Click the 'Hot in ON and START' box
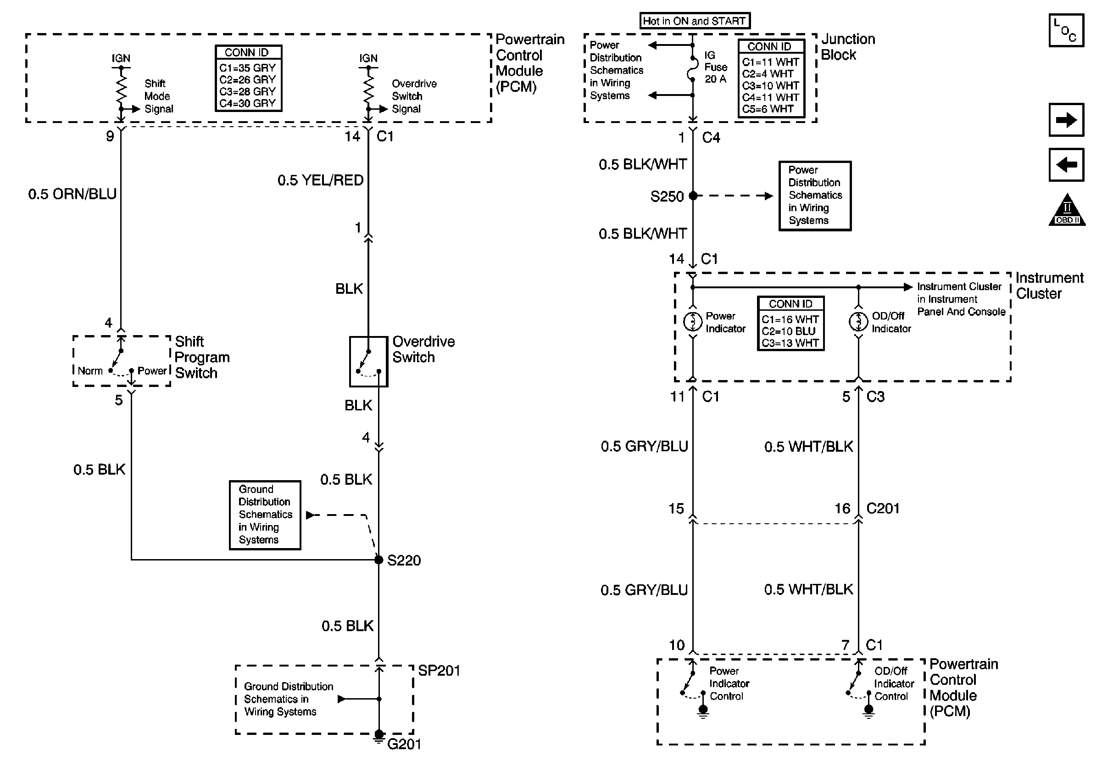(x=695, y=21)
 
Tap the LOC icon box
(x=1066, y=30)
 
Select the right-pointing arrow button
(x=1066, y=119)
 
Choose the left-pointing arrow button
(x=1066, y=165)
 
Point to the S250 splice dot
(x=693, y=196)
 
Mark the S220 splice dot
(x=378, y=560)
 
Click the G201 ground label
(x=404, y=744)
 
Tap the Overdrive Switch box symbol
(x=368, y=362)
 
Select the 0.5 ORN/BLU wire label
(x=72, y=194)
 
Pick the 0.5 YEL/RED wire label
(x=320, y=180)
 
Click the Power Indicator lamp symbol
(x=693, y=322)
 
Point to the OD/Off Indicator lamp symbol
(x=858, y=322)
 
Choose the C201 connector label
(x=883, y=509)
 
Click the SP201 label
(x=439, y=670)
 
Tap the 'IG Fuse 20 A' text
(x=716, y=67)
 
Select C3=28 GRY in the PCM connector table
(x=248, y=91)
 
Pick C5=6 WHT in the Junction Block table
(x=768, y=109)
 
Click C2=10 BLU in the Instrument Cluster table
(x=789, y=331)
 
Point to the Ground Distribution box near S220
(x=265, y=515)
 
